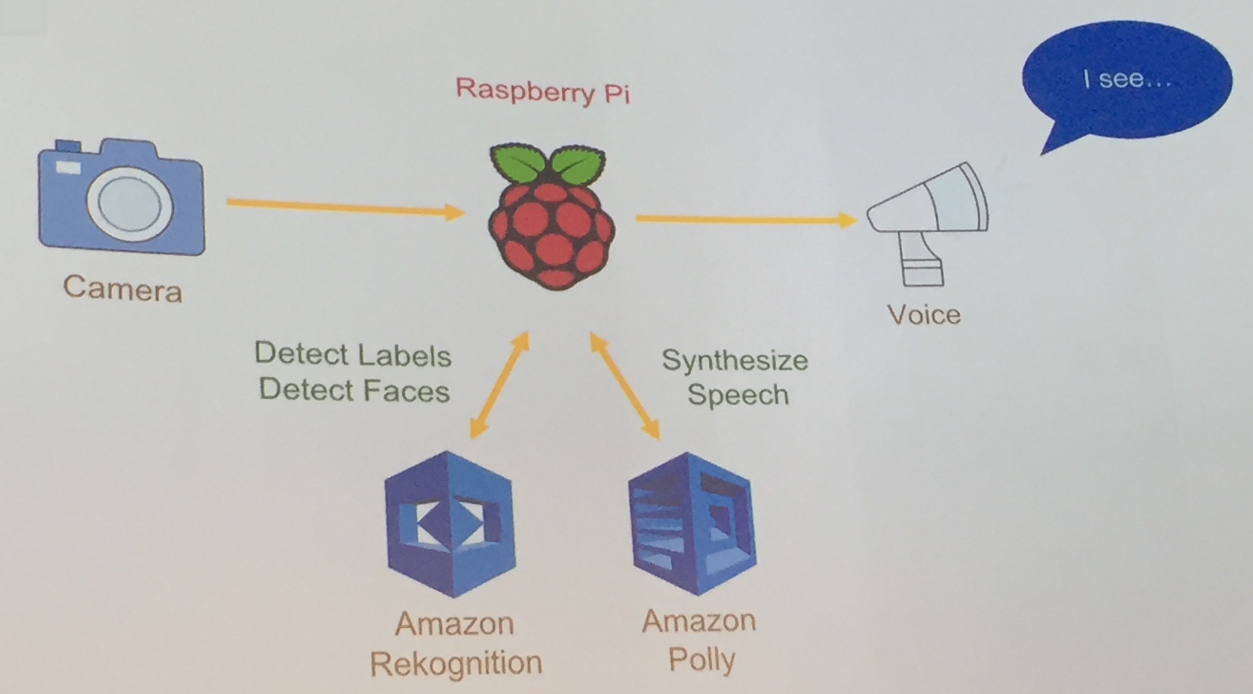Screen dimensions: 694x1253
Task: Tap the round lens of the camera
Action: point(130,204)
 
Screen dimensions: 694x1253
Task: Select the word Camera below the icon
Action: point(122,289)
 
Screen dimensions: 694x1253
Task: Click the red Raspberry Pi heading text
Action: point(543,92)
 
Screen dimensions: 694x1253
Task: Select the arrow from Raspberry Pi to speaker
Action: point(746,220)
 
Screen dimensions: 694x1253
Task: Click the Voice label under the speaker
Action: point(924,315)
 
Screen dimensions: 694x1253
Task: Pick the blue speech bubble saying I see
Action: point(1126,80)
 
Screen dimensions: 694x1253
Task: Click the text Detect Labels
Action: point(353,355)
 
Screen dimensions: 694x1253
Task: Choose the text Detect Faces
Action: point(354,390)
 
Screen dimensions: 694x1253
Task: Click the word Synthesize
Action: point(735,360)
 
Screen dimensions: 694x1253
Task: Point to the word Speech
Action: point(738,395)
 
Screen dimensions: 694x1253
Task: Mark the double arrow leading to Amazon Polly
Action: point(625,386)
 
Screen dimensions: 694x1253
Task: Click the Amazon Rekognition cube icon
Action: point(450,524)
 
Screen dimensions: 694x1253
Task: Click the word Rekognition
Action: point(456,663)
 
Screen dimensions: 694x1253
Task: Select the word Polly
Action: point(702,660)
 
